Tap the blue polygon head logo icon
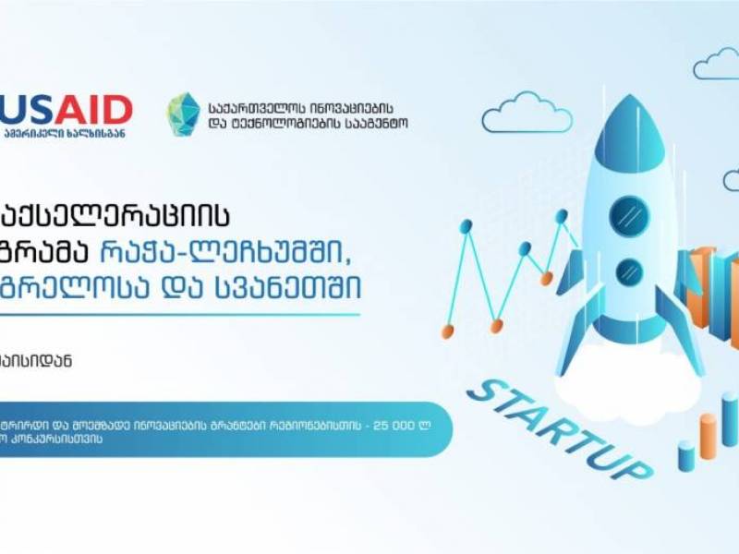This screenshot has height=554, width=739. click(183, 114)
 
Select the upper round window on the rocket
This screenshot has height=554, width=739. click(628, 209)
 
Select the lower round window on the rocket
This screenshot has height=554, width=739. click(629, 271)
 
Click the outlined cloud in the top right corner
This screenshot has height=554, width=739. click(718, 65)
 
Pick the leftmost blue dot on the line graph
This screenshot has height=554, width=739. click(466, 224)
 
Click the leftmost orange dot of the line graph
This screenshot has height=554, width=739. click(448, 330)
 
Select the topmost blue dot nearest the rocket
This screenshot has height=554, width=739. click(561, 215)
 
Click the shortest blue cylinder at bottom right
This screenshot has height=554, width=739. click(686, 455)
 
